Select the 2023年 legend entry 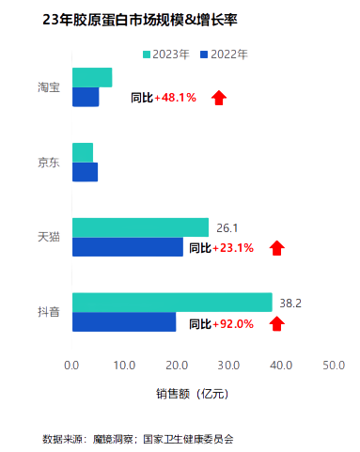tap(169, 55)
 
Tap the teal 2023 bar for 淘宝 tap(92, 78)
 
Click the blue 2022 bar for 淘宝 tap(86, 97)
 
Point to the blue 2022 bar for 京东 tap(85, 171)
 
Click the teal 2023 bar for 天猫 tap(140, 227)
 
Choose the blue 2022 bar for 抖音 tap(124, 321)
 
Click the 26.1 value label tap(227, 227)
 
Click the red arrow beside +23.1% tap(276, 248)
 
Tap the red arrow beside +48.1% tap(219, 97)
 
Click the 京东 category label tap(49, 162)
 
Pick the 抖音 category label tap(49, 312)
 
